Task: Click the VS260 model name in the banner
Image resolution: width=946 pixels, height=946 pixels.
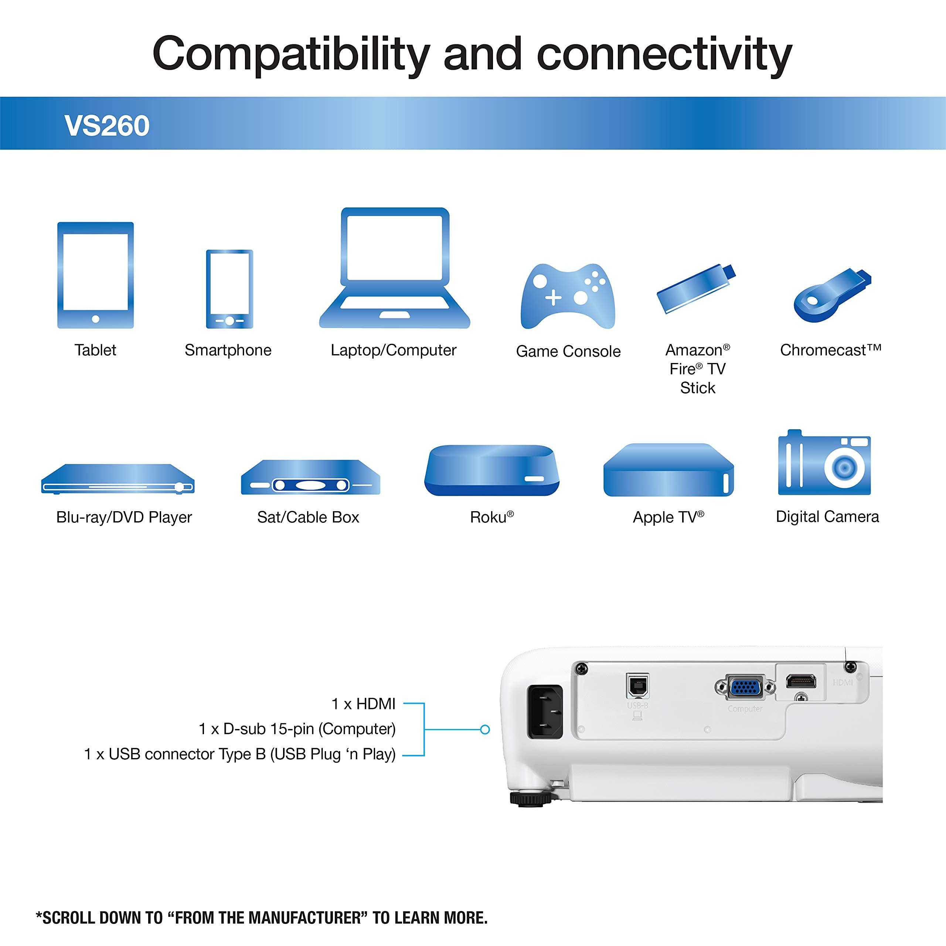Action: pyautogui.click(x=107, y=126)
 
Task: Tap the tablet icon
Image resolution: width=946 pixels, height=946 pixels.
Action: pyautogui.click(x=95, y=275)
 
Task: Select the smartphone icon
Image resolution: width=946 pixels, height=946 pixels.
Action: pyautogui.click(x=229, y=289)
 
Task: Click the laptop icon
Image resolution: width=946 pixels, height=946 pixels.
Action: pyautogui.click(x=394, y=269)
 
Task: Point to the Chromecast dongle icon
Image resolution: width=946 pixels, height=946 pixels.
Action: pyautogui.click(x=832, y=294)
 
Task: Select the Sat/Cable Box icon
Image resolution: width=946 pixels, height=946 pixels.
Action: pyautogui.click(x=310, y=478)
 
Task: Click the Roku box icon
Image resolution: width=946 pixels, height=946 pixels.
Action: pyautogui.click(x=491, y=470)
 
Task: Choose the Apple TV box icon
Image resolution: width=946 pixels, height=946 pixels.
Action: pyautogui.click(x=668, y=470)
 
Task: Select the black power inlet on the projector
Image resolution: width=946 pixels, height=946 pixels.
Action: pyautogui.click(x=544, y=711)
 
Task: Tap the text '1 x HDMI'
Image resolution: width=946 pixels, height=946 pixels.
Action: pyautogui.click(x=363, y=704)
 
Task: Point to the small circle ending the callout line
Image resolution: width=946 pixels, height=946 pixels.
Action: pyautogui.click(x=485, y=729)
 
